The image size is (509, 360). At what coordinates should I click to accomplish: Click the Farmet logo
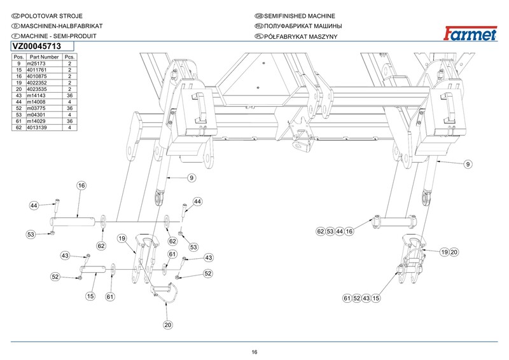(474, 32)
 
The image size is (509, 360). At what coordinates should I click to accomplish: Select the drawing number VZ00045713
(36, 46)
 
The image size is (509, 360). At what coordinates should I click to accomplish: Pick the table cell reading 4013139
(41, 128)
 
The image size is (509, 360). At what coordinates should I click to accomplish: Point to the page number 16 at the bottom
(254, 352)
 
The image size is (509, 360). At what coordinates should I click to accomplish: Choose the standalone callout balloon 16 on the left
(81, 186)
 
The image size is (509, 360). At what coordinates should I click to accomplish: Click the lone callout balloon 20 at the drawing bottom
(168, 325)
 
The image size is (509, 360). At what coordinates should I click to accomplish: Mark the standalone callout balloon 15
(90, 296)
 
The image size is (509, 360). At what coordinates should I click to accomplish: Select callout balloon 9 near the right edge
(468, 165)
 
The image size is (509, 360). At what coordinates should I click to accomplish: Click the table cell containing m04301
(40, 114)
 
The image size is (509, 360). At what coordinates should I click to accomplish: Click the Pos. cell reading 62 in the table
(19, 128)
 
